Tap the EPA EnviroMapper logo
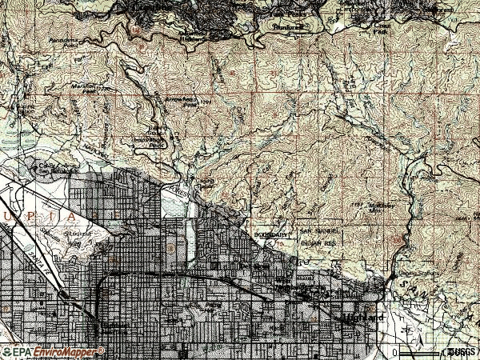point(52,351)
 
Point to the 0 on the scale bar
point(395,352)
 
